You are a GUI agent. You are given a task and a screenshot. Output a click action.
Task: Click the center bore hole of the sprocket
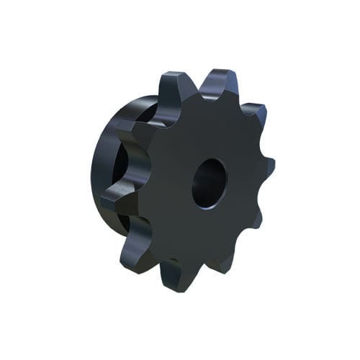click(x=209, y=184)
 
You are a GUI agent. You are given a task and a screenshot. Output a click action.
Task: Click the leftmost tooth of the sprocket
click(x=115, y=194)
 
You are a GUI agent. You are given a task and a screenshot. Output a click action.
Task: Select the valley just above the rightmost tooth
click(x=256, y=144)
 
